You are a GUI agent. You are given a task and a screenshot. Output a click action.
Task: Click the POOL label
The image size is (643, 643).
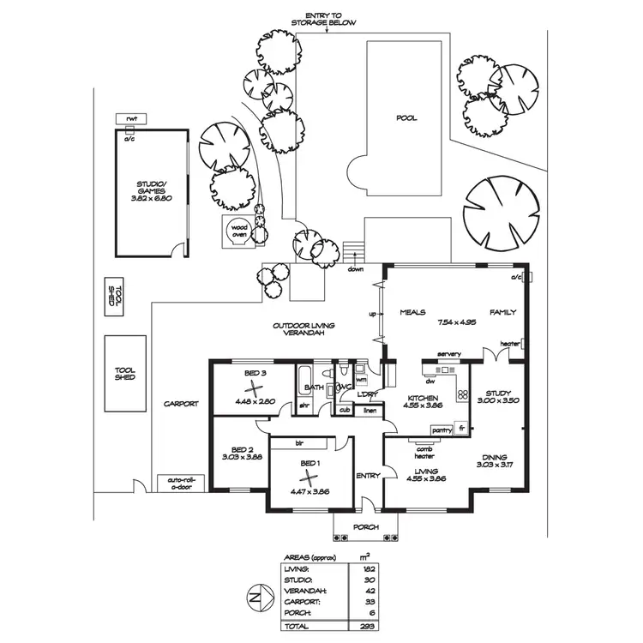(406, 118)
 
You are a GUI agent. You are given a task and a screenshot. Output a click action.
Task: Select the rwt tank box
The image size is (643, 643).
(131, 118)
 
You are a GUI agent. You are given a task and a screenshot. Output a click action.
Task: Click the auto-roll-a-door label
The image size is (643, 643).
(177, 482)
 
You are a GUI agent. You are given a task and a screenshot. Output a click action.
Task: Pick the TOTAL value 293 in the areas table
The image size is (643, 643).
(368, 626)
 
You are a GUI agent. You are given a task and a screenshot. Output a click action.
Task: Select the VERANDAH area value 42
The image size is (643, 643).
(368, 590)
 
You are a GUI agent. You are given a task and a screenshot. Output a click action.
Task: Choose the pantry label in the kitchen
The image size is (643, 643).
(442, 430)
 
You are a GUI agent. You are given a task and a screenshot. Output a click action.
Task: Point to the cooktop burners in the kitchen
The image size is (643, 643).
(461, 394)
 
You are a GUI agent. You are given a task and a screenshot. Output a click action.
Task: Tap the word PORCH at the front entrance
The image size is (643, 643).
(366, 527)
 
